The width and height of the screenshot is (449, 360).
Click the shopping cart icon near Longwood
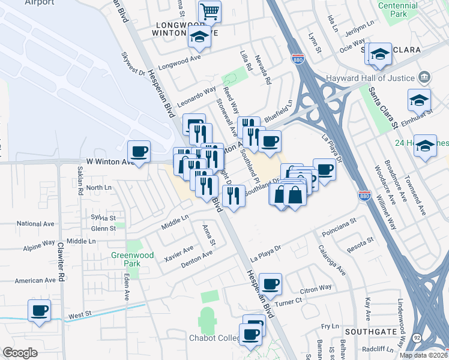click(209, 11)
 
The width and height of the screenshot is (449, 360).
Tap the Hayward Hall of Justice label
click(370, 79)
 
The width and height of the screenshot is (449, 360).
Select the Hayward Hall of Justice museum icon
click(424, 77)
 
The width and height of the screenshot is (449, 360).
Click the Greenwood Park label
click(133, 259)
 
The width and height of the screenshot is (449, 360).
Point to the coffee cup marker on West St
click(40, 311)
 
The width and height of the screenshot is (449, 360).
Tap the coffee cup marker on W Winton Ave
click(139, 152)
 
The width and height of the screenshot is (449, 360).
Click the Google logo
click(20, 353)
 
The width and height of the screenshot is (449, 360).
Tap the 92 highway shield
click(417, 338)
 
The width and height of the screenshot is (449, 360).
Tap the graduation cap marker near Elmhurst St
click(419, 100)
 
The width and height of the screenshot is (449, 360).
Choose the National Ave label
click(36, 224)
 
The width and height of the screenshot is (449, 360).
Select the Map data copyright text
click(423, 355)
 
